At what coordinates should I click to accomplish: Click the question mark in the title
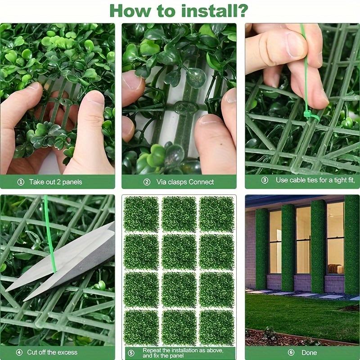point(242,10)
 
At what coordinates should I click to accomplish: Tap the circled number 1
point(21,182)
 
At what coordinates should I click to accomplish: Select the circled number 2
point(147,182)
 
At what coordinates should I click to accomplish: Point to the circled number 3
point(265,180)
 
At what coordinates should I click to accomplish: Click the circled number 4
point(19,352)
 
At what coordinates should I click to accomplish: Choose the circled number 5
point(131,353)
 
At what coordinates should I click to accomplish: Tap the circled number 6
point(291,352)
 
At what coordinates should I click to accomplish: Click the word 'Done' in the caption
point(309,352)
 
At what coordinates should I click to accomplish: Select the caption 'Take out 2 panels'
point(56,182)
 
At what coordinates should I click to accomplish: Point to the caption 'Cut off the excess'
point(53,352)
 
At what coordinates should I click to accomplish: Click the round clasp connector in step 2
point(185,108)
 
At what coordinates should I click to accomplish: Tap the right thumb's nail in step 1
point(95,100)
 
